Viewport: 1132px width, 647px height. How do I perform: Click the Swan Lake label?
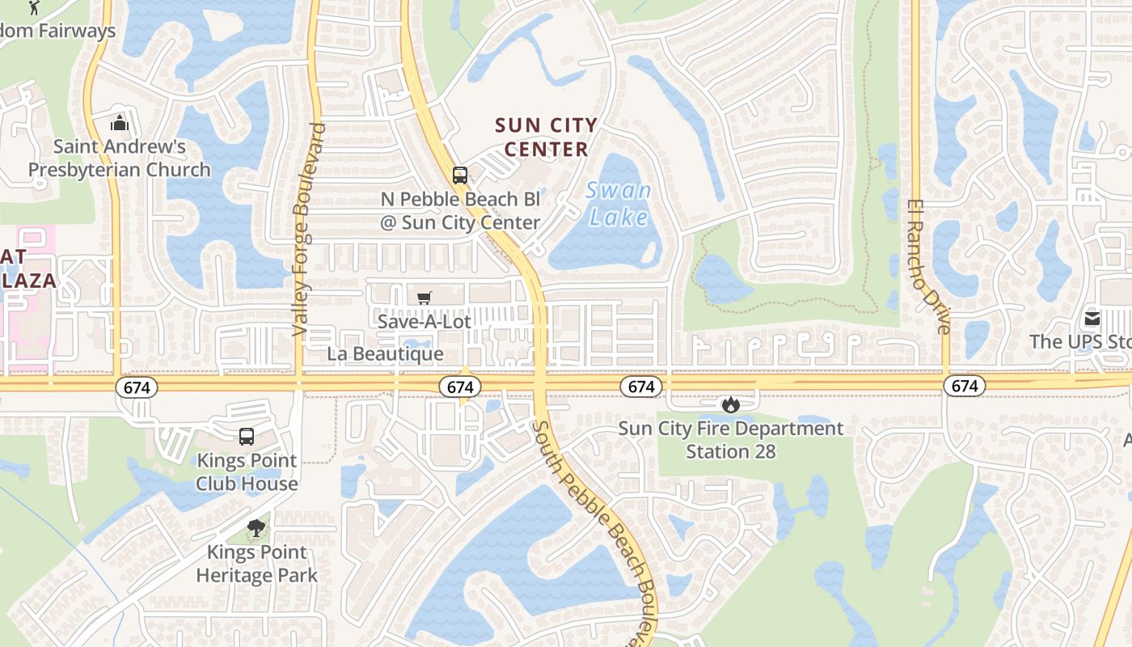click(619, 204)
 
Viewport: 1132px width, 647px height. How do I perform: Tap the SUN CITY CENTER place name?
click(546, 137)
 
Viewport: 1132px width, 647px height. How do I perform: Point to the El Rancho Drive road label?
click(927, 266)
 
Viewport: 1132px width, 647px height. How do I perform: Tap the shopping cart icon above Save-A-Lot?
click(424, 298)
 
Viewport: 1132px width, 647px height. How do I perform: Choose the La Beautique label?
click(385, 354)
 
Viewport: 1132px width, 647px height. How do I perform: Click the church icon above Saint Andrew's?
click(120, 123)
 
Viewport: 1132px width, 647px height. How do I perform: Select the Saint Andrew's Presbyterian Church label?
click(120, 159)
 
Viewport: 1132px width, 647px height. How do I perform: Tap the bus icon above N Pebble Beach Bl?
click(459, 175)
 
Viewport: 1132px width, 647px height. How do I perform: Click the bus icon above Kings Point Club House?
click(247, 437)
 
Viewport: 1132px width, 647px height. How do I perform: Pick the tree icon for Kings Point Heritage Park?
click(256, 529)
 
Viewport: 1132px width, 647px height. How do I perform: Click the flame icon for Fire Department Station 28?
click(731, 404)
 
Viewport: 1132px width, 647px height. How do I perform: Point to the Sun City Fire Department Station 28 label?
click(731, 439)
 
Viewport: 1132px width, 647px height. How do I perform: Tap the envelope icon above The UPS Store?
click(1092, 319)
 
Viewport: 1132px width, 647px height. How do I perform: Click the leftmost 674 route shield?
click(137, 387)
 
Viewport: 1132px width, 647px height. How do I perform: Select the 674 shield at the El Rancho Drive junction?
click(965, 387)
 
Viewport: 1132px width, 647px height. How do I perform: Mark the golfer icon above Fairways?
click(33, 8)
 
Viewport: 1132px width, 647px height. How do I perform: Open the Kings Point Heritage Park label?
click(256, 564)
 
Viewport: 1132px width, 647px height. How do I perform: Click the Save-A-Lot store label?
click(424, 321)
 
